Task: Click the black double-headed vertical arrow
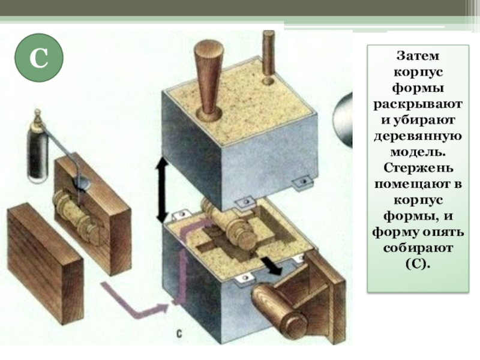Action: (x=161, y=190)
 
